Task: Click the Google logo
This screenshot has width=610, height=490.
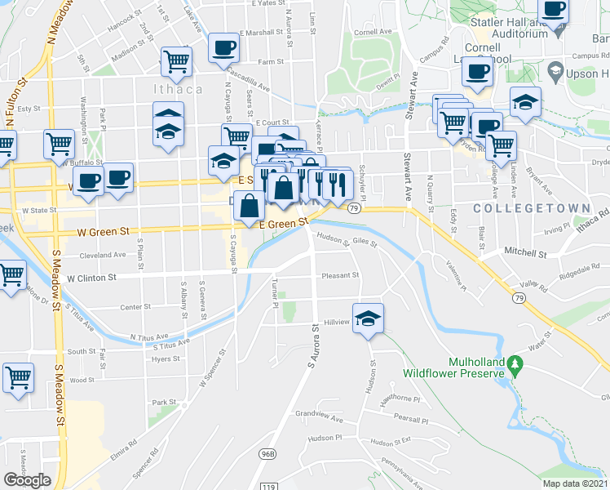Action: click(28, 479)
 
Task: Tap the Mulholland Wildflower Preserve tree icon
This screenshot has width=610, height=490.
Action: click(514, 362)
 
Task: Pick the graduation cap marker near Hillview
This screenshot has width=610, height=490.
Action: click(368, 318)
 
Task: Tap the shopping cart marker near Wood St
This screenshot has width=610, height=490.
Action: click(18, 378)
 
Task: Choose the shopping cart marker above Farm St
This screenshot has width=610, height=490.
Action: click(176, 61)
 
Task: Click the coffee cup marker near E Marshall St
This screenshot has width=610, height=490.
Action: click(223, 47)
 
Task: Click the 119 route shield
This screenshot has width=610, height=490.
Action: click(267, 487)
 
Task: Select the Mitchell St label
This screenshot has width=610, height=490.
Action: click(524, 254)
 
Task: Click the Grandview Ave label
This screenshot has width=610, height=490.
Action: click(319, 416)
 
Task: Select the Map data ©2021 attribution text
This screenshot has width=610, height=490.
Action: click(576, 483)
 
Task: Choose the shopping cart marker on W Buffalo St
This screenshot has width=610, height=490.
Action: click(59, 145)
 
